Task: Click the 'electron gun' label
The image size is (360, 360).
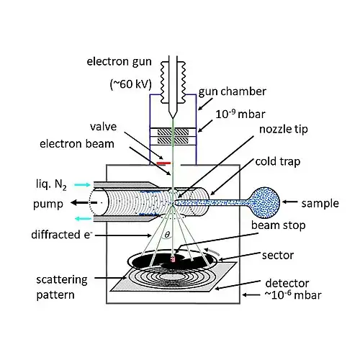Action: (119, 62)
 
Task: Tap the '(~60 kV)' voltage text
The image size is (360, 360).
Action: (131, 84)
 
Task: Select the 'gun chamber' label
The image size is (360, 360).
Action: (233, 91)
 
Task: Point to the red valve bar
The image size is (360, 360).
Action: (163, 163)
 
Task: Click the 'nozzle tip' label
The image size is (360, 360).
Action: (284, 130)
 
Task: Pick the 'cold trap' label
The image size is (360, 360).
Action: (278, 161)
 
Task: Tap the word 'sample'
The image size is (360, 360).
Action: (320, 204)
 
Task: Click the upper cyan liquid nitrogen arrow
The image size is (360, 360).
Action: (82, 185)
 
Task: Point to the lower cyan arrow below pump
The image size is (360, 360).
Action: (84, 218)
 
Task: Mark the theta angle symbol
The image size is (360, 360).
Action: (167, 235)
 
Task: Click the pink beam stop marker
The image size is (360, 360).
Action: (173, 259)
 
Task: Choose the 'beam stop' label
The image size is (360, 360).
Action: (279, 225)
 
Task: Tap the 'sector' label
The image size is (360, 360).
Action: (278, 256)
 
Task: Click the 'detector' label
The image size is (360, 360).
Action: (287, 284)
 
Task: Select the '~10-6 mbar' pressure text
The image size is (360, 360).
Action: (293, 295)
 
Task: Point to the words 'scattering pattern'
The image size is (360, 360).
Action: (62, 287)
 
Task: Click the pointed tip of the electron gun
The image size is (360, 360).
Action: (173, 118)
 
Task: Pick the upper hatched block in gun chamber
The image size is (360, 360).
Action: (173, 132)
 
